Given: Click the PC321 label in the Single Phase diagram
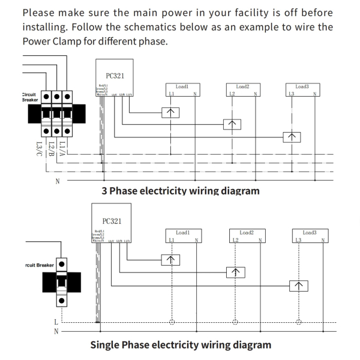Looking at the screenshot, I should [x=112, y=220].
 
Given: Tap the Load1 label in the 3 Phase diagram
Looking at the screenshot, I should [x=182, y=87].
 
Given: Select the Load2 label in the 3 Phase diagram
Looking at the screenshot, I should [x=243, y=87].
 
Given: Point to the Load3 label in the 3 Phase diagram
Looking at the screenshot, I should [x=303, y=87].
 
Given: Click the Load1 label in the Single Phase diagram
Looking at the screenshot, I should [x=183, y=232].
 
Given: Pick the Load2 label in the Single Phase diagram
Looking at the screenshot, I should [x=247, y=232].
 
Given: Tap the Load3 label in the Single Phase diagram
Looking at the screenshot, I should [x=310, y=232].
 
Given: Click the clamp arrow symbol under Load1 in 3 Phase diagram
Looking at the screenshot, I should [x=170, y=112].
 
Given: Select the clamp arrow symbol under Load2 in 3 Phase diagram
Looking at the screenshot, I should [x=232, y=124].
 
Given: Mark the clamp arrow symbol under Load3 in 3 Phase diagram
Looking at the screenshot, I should [x=292, y=137].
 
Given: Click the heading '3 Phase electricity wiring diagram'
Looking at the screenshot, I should [x=181, y=191].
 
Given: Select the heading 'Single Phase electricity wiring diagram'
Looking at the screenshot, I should [x=181, y=345].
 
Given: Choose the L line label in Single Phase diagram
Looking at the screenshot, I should [x=56, y=323].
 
